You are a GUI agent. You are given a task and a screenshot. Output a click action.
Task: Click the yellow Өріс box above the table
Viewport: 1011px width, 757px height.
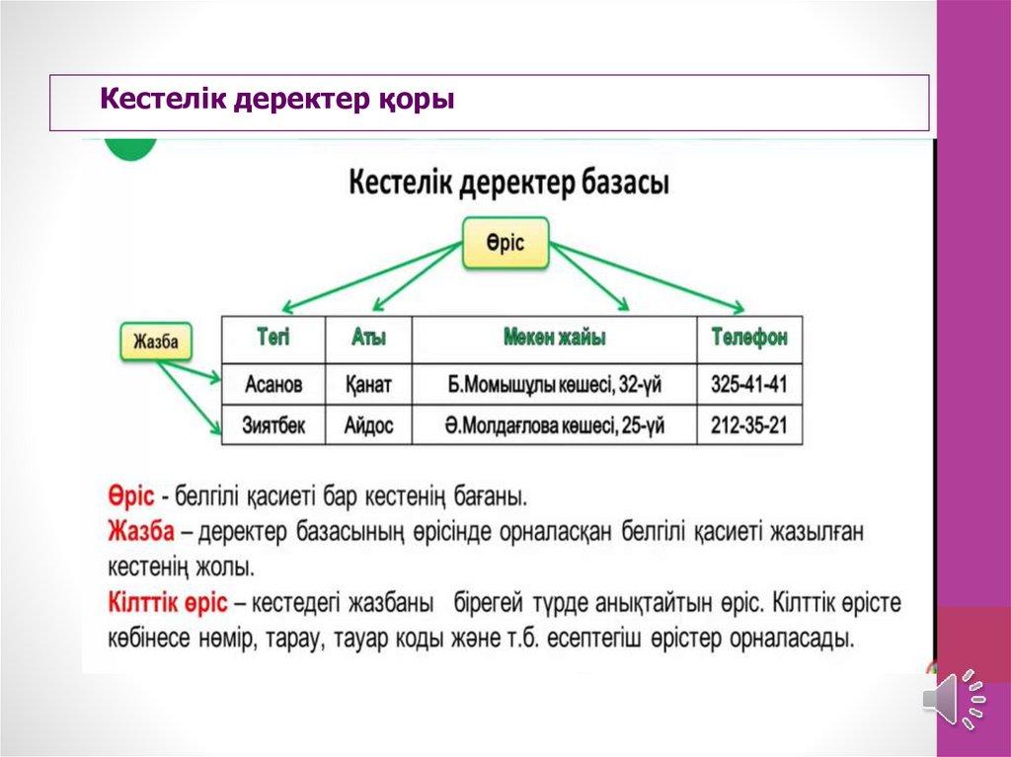pyautogui.click(x=505, y=243)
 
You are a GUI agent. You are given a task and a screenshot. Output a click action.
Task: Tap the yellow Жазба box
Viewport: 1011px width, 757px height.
pyautogui.click(x=156, y=341)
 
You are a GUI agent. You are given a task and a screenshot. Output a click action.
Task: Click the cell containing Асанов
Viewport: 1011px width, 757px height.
pyautogui.click(x=273, y=384)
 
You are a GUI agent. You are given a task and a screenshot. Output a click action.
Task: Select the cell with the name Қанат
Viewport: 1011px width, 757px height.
pyautogui.click(x=369, y=384)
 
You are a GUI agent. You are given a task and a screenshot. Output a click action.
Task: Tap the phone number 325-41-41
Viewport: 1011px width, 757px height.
pyautogui.click(x=749, y=384)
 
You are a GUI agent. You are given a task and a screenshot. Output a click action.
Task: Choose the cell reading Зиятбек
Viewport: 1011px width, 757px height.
pyautogui.click(x=273, y=425)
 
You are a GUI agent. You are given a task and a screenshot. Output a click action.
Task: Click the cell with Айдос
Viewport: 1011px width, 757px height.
pyautogui.click(x=369, y=425)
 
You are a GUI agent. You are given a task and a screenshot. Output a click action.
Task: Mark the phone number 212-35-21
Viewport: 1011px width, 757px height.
pyautogui.click(x=749, y=425)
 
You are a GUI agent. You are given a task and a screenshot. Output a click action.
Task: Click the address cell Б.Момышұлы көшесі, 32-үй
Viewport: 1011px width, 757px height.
pyautogui.click(x=555, y=384)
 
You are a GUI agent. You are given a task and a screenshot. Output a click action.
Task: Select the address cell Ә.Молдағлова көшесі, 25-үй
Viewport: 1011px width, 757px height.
pyautogui.click(x=555, y=425)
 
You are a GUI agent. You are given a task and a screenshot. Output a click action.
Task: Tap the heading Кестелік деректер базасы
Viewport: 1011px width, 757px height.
pyautogui.click(x=508, y=184)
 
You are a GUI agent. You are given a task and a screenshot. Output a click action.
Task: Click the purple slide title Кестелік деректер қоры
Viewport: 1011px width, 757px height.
pyautogui.click(x=277, y=100)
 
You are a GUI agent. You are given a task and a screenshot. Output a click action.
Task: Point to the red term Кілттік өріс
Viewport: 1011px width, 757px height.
pyautogui.click(x=168, y=603)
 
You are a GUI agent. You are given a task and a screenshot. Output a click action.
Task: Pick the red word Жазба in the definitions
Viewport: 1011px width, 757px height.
pyautogui.click(x=141, y=531)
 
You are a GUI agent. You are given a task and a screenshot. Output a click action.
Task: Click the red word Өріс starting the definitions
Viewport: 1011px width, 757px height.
pyautogui.click(x=131, y=496)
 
